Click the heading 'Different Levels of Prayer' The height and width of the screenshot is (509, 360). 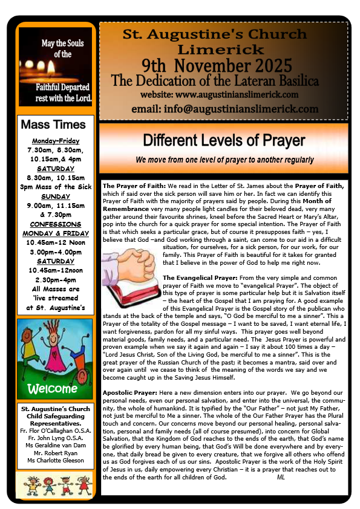[223, 141]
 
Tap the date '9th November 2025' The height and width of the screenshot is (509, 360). [223, 65]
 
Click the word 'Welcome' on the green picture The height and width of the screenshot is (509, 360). [53, 387]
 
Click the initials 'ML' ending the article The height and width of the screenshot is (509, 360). [281, 478]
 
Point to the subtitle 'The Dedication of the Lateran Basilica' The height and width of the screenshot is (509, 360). [223, 80]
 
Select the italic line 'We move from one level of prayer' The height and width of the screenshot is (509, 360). [224, 160]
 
